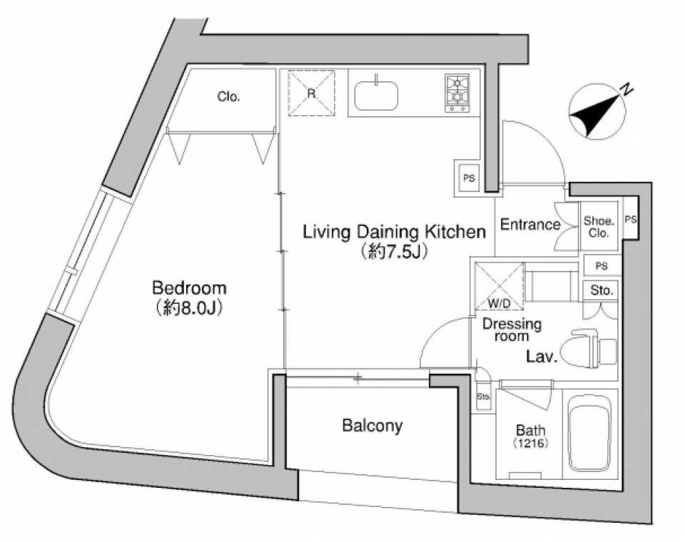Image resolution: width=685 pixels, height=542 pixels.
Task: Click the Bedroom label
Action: (x=189, y=288)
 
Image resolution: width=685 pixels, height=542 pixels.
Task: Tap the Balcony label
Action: (x=372, y=425)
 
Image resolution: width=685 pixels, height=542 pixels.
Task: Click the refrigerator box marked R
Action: (x=312, y=93)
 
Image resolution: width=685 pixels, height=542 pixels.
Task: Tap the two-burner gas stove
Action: (x=457, y=93)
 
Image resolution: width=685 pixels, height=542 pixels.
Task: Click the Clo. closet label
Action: (x=228, y=96)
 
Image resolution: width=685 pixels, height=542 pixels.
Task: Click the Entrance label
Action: (x=530, y=225)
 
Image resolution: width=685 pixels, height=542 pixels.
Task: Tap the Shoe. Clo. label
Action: (x=599, y=227)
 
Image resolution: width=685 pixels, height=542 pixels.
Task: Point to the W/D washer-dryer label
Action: (x=499, y=304)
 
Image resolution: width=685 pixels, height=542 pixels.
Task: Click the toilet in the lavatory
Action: (x=588, y=349)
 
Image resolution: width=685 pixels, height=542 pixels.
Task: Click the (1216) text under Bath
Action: (x=530, y=444)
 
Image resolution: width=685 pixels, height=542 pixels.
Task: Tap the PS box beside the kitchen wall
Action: (x=469, y=178)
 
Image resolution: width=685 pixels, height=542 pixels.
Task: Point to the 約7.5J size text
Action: (x=393, y=251)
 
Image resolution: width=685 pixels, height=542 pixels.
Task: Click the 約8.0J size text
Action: (x=189, y=308)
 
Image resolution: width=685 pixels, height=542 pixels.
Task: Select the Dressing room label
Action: (x=512, y=329)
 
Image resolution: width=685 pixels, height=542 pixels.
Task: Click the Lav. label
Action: (x=542, y=357)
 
